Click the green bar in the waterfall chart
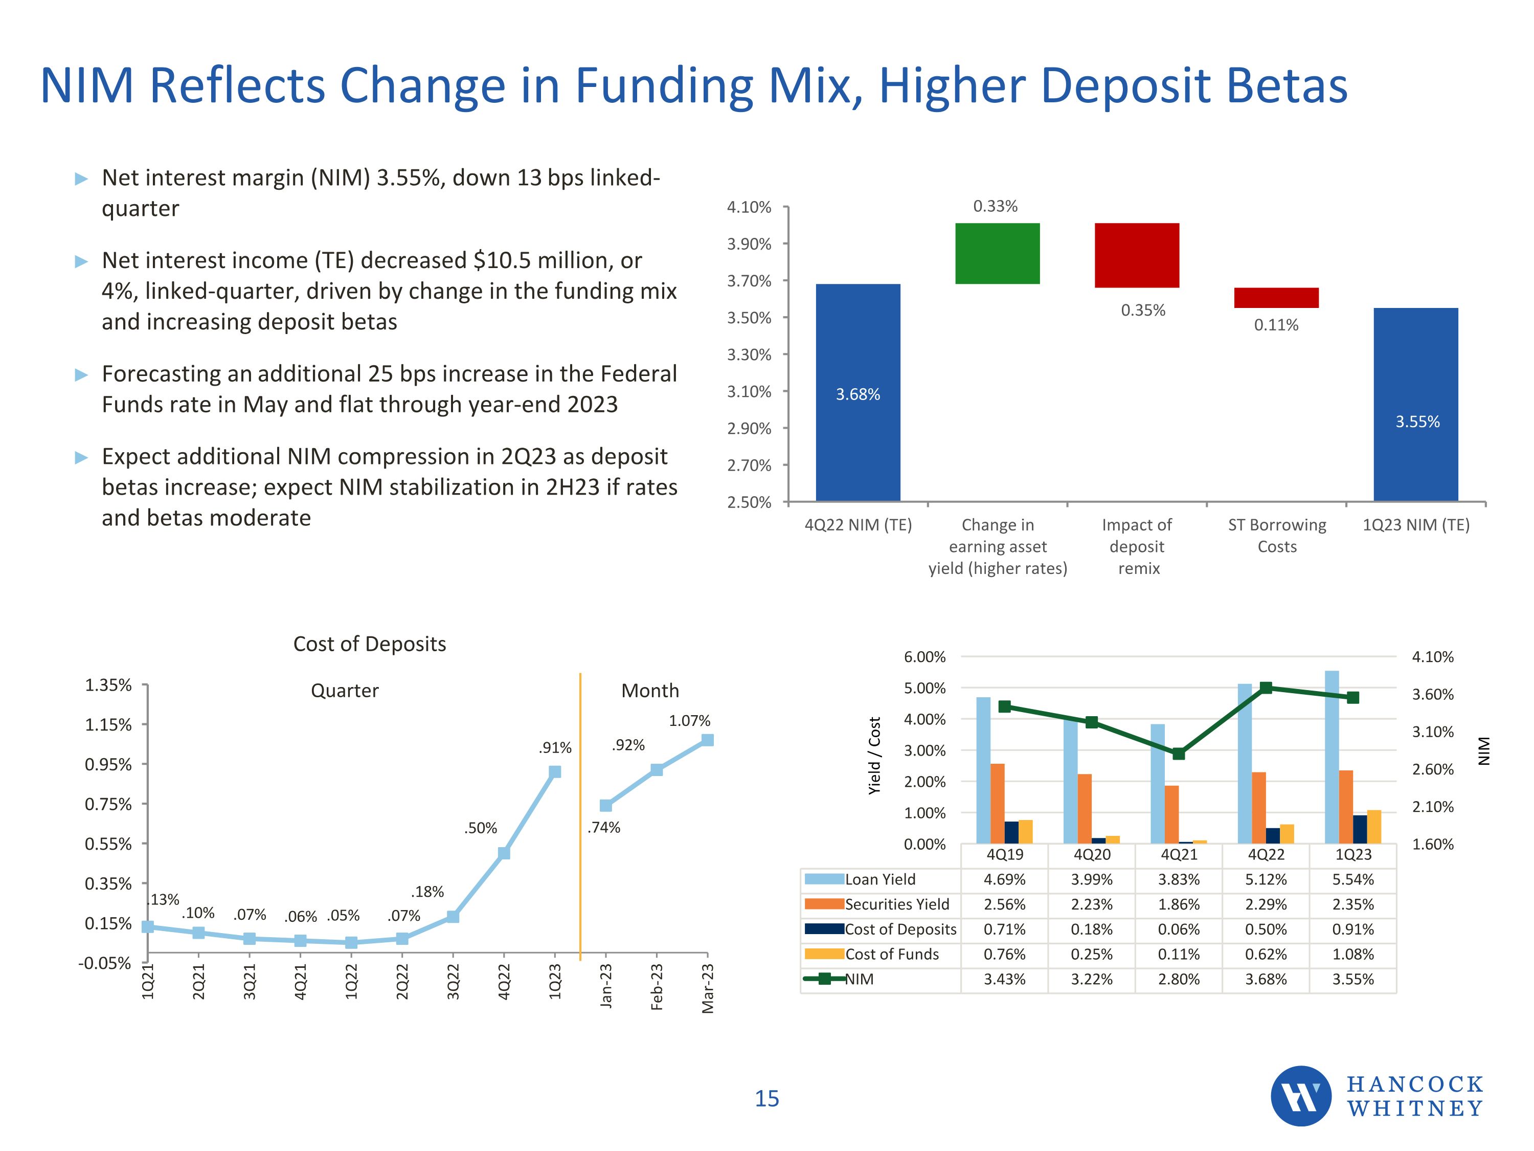[x=997, y=253]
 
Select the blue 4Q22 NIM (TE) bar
[x=858, y=392]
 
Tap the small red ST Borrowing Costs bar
[x=1276, y=298]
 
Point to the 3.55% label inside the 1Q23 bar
[x=1417, y=422]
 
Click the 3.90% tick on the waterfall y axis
[x=749, y=244]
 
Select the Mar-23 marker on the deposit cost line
[x=707, y=740]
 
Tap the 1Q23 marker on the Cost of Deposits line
[x=555, y=772]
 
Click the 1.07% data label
[x=689, y=721]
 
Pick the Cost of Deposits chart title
[x=370, y=644]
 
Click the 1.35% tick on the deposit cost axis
[x=108, y=685]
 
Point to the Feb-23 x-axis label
[x=657, y=987]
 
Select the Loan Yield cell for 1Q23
[x=1352, y=880]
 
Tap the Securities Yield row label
[x=897, y=905]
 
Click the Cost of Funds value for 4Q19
[x=1004, y=955]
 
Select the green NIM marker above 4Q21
[x=1178, y=754]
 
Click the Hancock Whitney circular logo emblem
[x=1300, y=1096]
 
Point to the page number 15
[x=766, y=1099]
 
